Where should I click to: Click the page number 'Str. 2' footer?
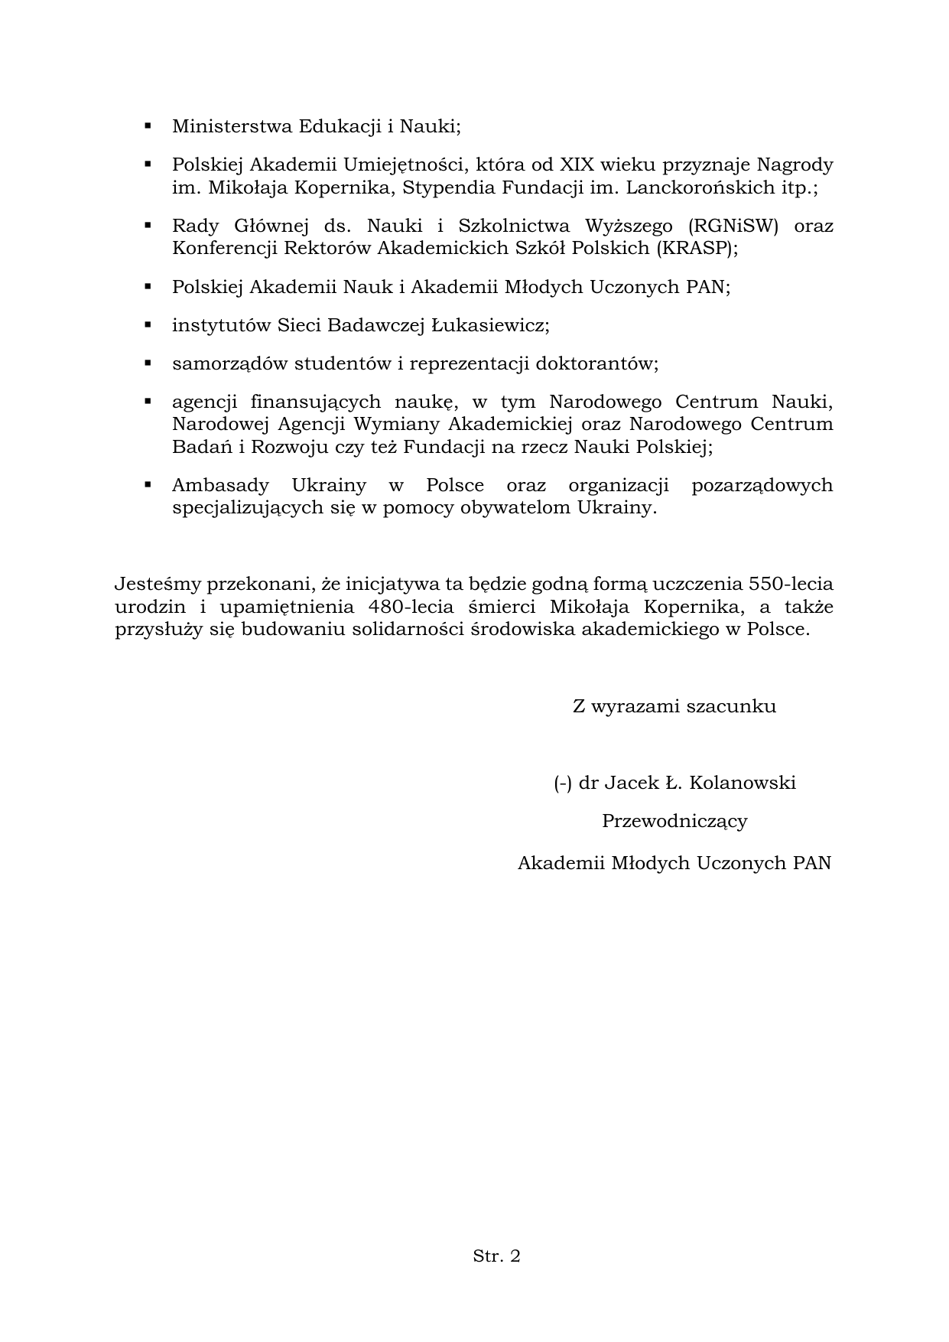pyautogui.click(x=496, y=1256)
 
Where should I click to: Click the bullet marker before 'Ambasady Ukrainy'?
pyautogui.click(x=148, y=484)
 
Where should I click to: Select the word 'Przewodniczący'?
pyautogui.click(x=674, y=821)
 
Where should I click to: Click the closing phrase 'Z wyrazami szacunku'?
pyautogui.click(x=674, y=706)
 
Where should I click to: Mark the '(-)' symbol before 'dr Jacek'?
pyautogui.click(x=563, y=783)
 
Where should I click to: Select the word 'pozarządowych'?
pyautogui.click(x=762, y=486)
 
